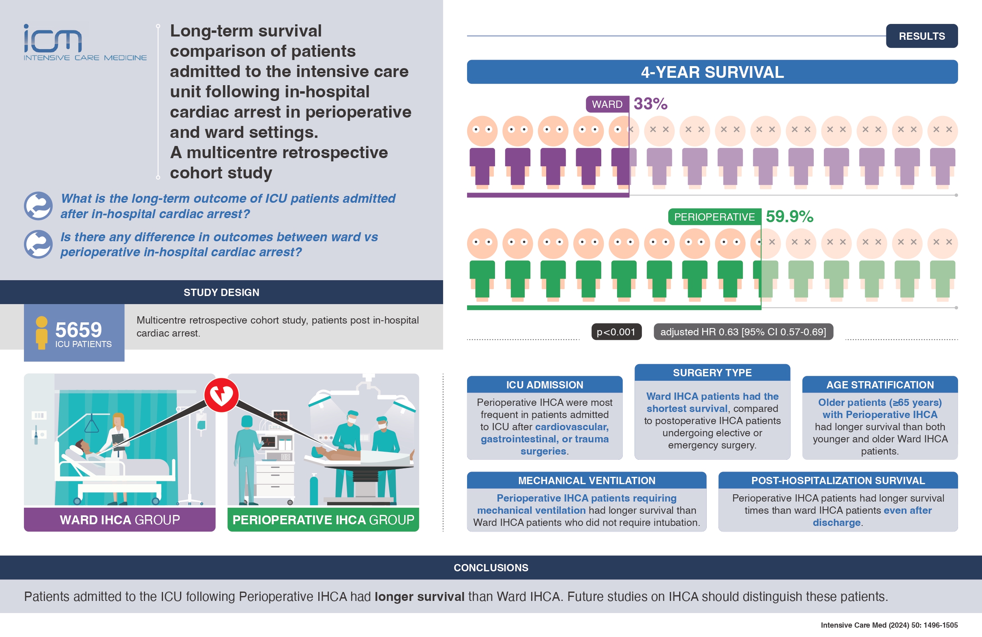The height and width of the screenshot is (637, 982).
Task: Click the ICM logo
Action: click(85, 42)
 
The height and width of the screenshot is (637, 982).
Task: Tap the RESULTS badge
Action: click(922, 36)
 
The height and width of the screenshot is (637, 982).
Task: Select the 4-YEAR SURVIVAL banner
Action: click(712, 72)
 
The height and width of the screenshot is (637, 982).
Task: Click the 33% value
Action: click(651, 103)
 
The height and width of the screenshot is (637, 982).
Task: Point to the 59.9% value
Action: click(789, 216)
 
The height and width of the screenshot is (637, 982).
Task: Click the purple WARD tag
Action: click(607, 104)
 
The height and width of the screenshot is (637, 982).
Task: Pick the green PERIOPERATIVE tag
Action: click(715, 217)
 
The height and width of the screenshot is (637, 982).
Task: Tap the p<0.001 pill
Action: click(616, 332)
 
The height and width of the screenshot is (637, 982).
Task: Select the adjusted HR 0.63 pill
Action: click(743, 332)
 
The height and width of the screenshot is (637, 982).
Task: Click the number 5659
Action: click(78, 330)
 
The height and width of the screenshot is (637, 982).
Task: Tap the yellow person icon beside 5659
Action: click(42, 333)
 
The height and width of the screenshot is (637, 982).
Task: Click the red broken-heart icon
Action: click(221, 395)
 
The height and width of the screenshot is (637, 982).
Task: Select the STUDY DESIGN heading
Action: click(221, 292)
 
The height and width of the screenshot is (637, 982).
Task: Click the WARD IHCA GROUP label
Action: click(120, 519)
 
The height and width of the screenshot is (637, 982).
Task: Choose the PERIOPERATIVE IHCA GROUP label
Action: click(323, 519)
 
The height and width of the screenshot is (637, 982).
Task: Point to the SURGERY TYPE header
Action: click(712, 373)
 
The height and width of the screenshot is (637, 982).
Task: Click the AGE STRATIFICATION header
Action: click(880, 384)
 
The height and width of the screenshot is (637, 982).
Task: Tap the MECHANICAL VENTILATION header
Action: click(587, 480)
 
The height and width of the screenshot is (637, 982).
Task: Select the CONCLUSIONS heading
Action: click(491, 567)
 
